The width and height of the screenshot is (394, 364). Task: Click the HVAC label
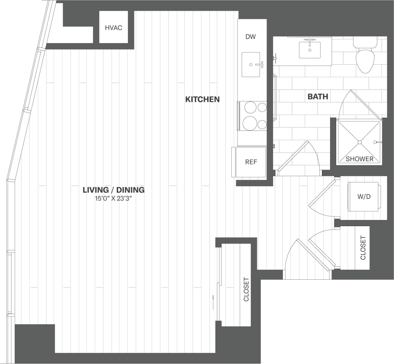tap(113, 28)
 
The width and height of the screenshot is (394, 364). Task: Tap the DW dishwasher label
tap(250, 37)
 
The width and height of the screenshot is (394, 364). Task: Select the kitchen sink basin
tap(251, 65)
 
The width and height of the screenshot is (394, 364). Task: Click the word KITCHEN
tap(202, 99)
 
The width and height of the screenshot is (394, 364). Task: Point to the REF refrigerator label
tap(251, 162)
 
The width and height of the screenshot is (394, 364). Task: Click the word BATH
tap(318, 97)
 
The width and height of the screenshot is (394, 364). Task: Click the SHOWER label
tap(359, 159)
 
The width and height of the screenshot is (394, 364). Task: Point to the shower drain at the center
tap(359, 142)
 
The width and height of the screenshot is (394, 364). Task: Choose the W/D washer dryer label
tap(364, 197)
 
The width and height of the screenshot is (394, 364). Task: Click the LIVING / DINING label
tap(113, 190)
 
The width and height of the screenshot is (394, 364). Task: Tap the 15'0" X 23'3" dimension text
tap(113, 199)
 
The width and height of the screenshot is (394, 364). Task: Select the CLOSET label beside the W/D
tap(362, 248)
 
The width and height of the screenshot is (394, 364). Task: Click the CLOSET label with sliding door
tap(246, 290)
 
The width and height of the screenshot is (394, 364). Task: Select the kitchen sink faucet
tap(259, 64)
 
